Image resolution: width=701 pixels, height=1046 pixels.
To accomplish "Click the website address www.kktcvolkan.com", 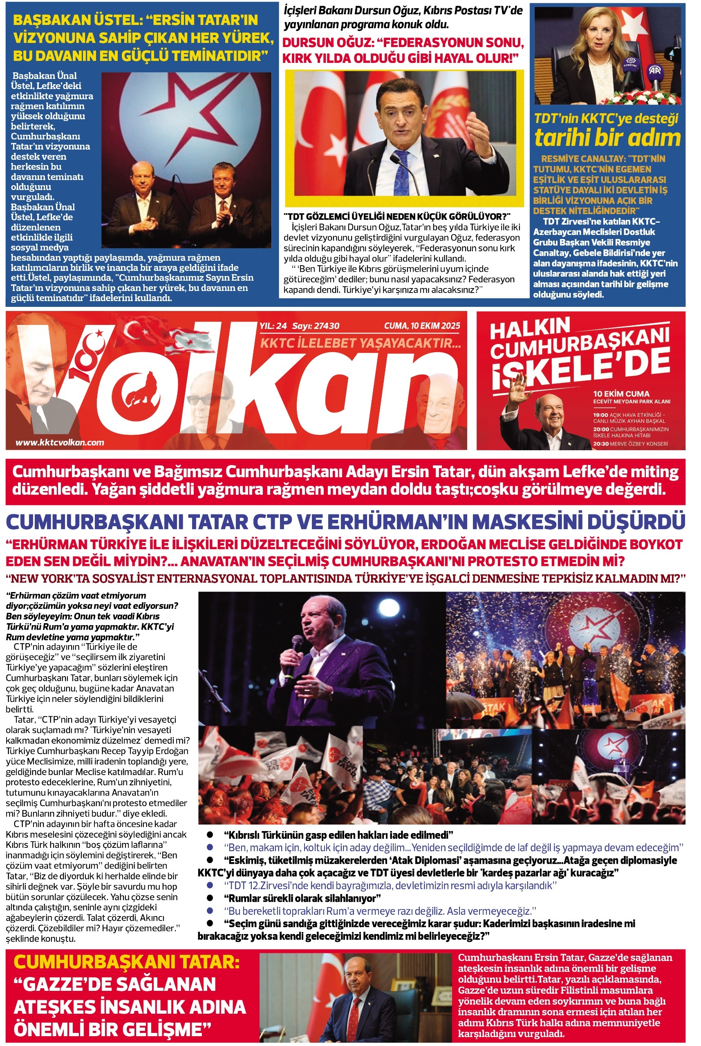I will point(60,443).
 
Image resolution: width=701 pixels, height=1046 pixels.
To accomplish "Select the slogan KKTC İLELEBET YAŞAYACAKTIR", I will point(361,343).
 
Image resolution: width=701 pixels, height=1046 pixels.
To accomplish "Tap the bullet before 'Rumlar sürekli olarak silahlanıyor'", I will point(210,898).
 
